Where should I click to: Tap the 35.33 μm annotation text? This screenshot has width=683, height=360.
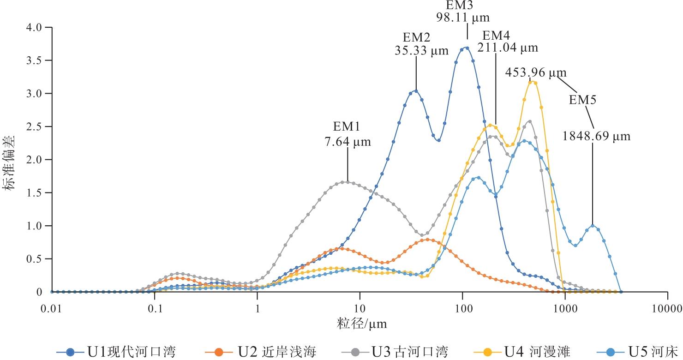[421, 51]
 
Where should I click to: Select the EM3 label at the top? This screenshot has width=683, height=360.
[463, 6]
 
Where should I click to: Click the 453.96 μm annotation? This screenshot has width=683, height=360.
[536, 73]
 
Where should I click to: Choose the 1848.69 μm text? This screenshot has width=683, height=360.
[596, 136]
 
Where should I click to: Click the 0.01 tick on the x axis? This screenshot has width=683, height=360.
[51, 308]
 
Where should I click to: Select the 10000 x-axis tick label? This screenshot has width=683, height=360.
[667, 308]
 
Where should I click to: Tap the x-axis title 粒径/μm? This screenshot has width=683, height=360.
[361, 324]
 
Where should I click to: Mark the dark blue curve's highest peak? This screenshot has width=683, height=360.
[467, 48]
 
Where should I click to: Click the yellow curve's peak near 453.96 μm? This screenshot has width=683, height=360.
[533, 82]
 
